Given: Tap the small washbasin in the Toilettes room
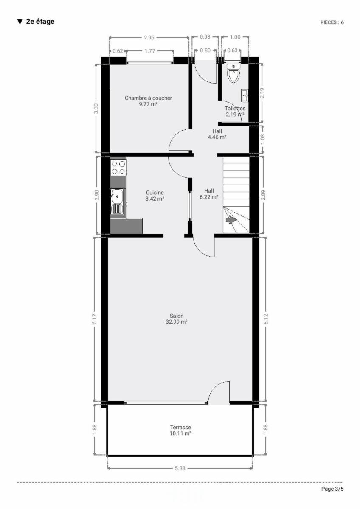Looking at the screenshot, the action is [245, 96].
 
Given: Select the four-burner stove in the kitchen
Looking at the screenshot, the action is [118, 168].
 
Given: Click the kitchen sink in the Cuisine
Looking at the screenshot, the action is [117, 201].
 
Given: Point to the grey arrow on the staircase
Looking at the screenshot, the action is [231, 220].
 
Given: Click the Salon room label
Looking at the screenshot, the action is [177, 316].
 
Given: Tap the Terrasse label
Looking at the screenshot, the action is [180, 428].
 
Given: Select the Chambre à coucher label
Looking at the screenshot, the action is [148, 98].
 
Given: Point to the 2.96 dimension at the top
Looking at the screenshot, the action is [149, 37].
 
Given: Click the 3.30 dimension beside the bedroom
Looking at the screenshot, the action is [96, 109].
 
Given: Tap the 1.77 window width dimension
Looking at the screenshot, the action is [150, 51].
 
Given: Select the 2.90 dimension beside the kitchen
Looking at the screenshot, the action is [97, 195].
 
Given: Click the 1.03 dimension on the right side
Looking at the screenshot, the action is [262, 139].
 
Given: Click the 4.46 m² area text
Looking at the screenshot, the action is [217, 137].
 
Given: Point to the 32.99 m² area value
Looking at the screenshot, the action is [177, 322].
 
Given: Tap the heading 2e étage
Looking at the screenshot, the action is [40, 21].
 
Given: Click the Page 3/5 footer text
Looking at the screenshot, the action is [332, 489].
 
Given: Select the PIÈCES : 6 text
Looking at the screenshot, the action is [332, 22].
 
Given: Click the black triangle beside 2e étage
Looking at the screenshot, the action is [20, 22].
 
